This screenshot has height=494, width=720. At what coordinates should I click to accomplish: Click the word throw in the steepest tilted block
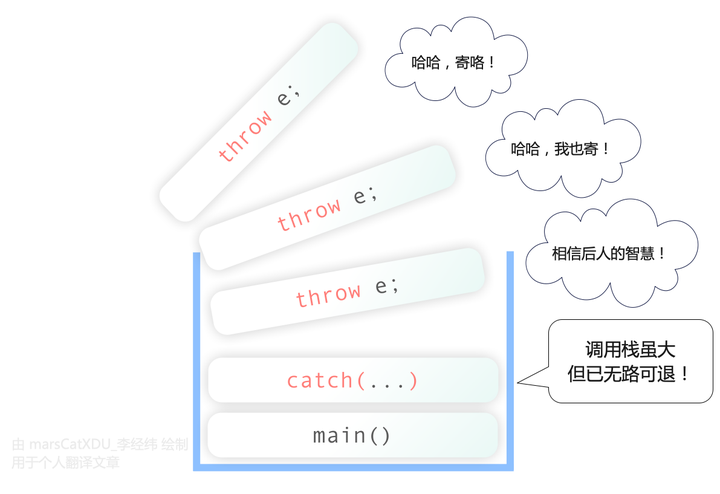tap(244, 136)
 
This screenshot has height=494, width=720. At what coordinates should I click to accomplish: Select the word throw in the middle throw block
tap(309, 214)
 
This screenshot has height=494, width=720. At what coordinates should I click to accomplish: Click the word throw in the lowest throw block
tap(328, 295)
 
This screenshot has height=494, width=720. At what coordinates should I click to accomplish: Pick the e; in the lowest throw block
tap(387, 286)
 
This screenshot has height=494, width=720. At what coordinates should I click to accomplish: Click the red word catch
tap(320, 381)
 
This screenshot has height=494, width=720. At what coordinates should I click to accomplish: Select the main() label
tap(352, 435)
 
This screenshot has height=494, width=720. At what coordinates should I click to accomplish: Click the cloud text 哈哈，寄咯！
tap(454, 62)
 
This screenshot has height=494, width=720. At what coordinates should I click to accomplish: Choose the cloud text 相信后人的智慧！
tap(609, 253)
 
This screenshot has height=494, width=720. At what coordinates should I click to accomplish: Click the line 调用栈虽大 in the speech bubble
tap(630, 350)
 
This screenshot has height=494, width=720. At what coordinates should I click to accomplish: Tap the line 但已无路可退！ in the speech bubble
tap(629, 375)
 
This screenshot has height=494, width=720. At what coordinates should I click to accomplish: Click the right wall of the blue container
tap(510, 360)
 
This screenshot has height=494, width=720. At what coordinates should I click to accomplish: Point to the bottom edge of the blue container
tap(353, 466)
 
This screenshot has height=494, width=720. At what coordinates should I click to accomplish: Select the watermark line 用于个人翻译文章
tap(65, 462)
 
